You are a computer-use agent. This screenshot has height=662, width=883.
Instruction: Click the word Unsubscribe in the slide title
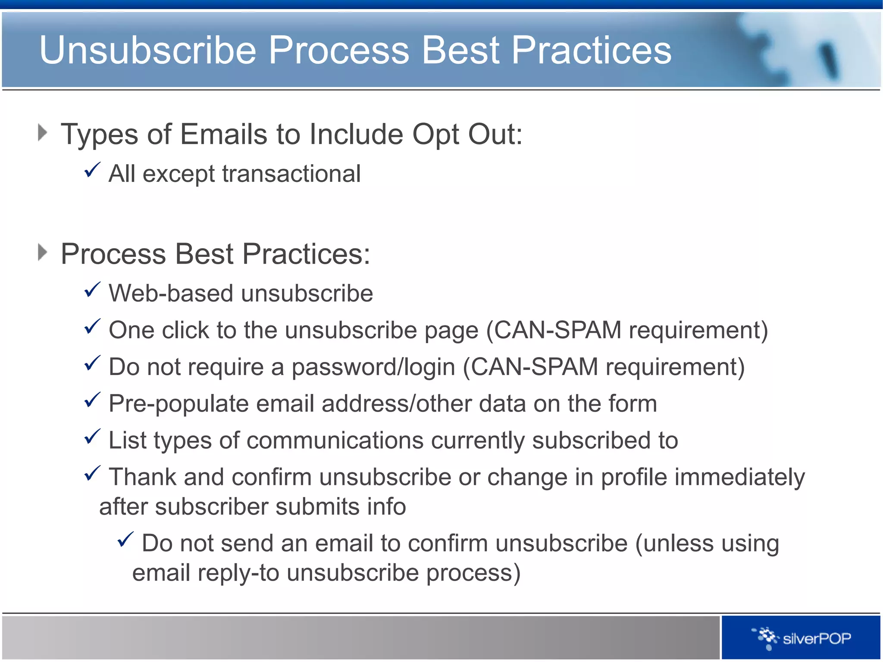[x=148, y=50]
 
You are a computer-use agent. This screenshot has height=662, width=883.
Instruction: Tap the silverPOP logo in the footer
[x=802, y=638]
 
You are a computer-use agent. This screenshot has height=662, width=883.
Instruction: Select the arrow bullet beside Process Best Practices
[x=42, y=252]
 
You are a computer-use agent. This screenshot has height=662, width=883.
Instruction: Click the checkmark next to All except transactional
[x=92, y=170]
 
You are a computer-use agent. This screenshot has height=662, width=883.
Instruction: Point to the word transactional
[x=291, y=174]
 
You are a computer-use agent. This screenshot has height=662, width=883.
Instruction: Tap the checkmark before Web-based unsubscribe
[x=92, y=290]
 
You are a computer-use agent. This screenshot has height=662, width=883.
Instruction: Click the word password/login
[x=373, y=367]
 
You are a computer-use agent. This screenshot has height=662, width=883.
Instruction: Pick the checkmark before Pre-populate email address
[x=92, y=400]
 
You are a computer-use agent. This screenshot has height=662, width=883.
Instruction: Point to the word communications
[x=335, y=440]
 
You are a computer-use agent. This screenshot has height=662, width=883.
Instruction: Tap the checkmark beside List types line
[x=92, y=437]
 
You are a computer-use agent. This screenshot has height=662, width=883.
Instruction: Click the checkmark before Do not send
[x=125, y=540]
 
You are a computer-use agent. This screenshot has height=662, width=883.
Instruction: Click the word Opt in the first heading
[x=436, y=134]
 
